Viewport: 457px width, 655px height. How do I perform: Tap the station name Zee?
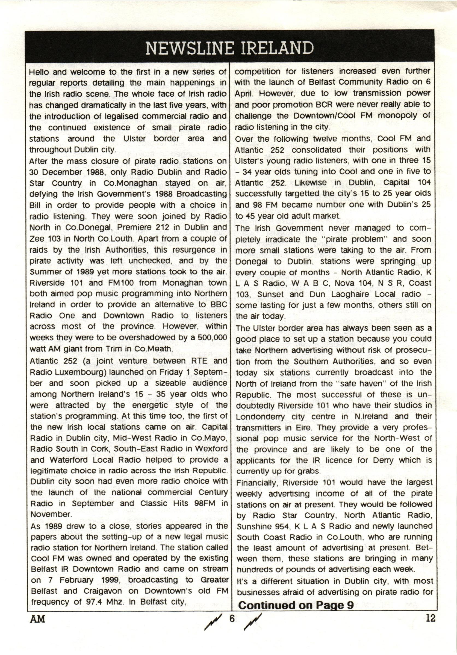pyautogui.click(x=36, y=239)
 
